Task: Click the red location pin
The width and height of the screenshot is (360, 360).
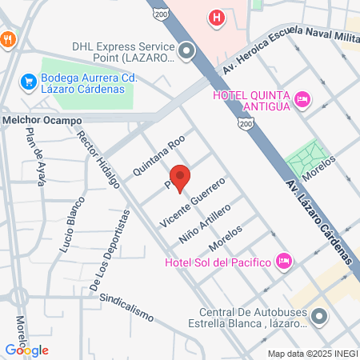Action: (180, 178)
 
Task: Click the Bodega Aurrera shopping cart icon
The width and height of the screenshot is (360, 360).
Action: (28, 81)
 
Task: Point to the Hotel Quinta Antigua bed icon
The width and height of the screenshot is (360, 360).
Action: (302, 99)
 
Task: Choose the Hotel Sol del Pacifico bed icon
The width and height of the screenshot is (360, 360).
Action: (282, 261)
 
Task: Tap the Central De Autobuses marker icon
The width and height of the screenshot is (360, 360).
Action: (319, 317)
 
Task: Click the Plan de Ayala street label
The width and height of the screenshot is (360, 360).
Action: (38, 155)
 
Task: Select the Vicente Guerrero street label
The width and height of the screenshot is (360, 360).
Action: (193, 202)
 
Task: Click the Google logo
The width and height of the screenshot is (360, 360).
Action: (26, 350)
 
